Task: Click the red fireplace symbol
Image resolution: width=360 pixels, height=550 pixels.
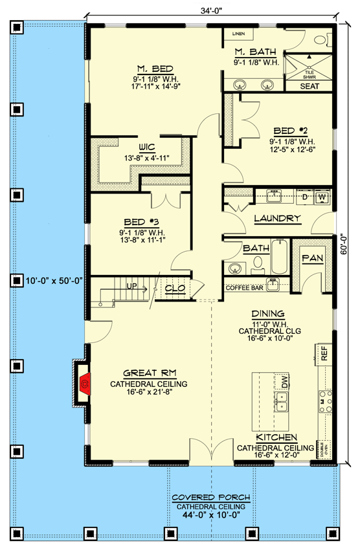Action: pos(84,386)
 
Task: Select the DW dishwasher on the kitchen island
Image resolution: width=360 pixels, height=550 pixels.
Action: pos(282,382)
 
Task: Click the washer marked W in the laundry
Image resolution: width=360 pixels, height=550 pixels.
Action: pos(322,195)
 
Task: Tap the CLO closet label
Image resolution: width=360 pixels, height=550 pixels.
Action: pos(175,288)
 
